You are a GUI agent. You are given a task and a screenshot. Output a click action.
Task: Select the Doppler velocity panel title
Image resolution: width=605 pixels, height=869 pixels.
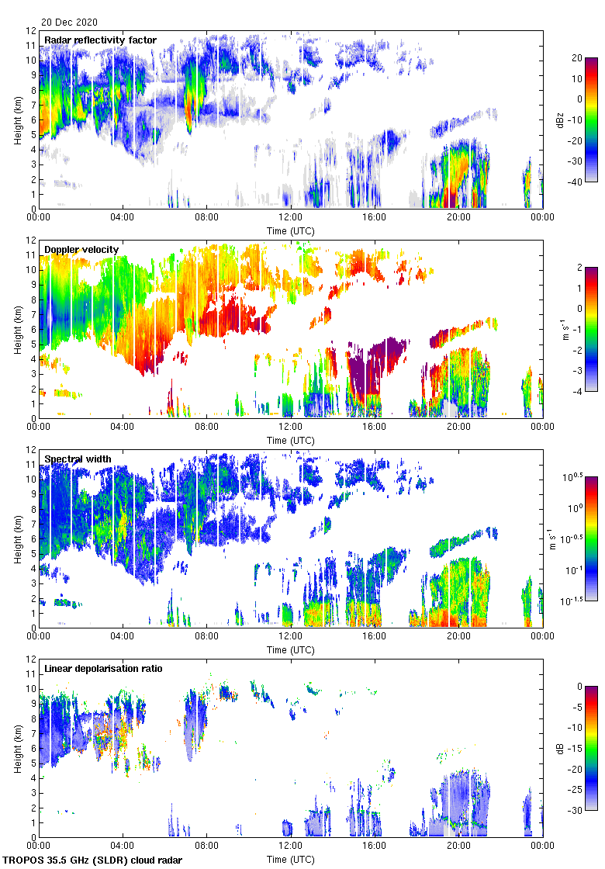pyautogui.click(x=81, y=249)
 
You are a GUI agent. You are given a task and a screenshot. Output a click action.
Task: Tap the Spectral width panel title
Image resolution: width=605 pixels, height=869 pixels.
pyautogui.click(x=78, y=459)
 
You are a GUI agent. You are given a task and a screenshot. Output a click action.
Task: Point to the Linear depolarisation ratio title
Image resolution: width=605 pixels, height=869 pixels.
pyautogui.click(x=103, y=668)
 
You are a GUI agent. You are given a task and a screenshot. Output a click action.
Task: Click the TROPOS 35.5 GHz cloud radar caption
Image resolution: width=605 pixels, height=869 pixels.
pyautogui.click(x=94, y=860)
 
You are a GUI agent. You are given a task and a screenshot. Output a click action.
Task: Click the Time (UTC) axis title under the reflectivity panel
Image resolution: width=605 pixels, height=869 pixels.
pyautogui.click(x=291, y=230)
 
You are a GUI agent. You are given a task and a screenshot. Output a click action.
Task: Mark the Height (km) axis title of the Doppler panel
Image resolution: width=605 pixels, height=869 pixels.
pyautogui.click(x=17, y=328)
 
